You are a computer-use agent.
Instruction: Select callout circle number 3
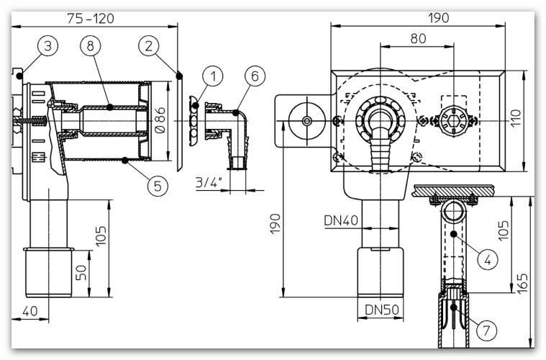click(x=47, y=47)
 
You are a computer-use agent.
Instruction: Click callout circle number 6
click(x=252, y=74)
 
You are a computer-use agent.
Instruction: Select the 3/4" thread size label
click(x=209, y=184)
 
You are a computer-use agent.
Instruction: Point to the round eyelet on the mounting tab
click(x=307, y=121)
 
